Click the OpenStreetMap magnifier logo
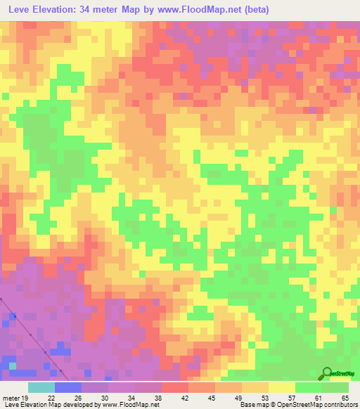click(326, 373)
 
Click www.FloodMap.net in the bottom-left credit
click(131, 404)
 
